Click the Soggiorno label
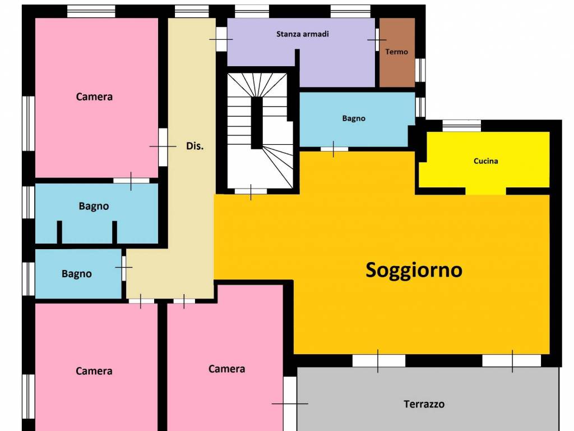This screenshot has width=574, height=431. (414, 270)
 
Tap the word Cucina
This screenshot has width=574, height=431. (485, 161)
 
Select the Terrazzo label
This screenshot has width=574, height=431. (424, 404)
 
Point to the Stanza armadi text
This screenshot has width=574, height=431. (302, 34)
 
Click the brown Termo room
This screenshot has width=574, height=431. (397, 52)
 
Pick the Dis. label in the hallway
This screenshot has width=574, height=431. (195, 146)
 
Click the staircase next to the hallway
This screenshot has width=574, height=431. (260, 130)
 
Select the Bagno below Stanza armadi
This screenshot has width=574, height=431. (354, 118)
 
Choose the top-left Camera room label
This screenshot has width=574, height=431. (94, 97)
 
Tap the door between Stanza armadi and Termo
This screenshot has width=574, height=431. (377, 40)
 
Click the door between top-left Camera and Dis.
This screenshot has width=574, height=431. (163, 146)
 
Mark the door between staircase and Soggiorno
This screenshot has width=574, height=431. (251, 191)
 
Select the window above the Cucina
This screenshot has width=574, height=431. (462, 126)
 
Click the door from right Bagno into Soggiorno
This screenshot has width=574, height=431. (334, 149)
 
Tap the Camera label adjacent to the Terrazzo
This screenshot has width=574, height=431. (226, 369)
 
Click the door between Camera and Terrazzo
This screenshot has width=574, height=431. (290, 404)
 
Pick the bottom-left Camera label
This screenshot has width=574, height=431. (94, 371)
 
